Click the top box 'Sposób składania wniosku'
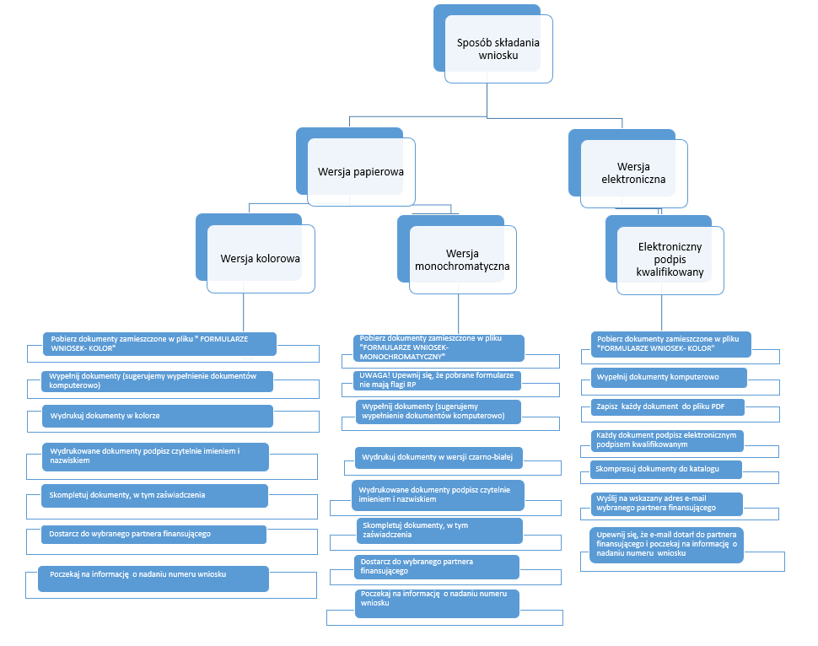(498, 49)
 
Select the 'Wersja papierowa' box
(361, 172)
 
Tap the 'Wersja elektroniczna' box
(633, 173)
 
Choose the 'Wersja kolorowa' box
(261, 258)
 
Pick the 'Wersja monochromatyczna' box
(462, 260)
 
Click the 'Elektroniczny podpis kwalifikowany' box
(670, 260)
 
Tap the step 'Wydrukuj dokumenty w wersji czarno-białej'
(439, 457)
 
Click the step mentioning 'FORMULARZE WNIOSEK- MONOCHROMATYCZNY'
(439, 347)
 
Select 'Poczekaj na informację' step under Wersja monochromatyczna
(437, 599)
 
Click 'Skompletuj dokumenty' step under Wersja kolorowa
(154, 495)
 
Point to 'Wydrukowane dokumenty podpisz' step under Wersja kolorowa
(154, 456)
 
